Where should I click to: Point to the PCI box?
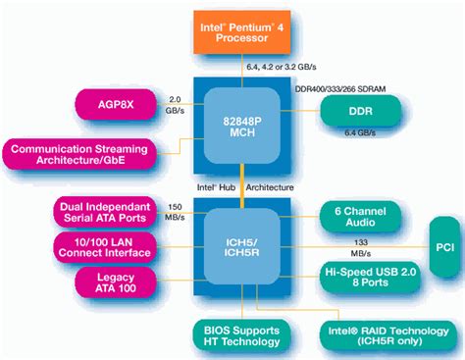point(442,248)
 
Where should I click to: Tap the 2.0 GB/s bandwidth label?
point(174,105)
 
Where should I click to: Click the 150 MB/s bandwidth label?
point(175,212)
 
